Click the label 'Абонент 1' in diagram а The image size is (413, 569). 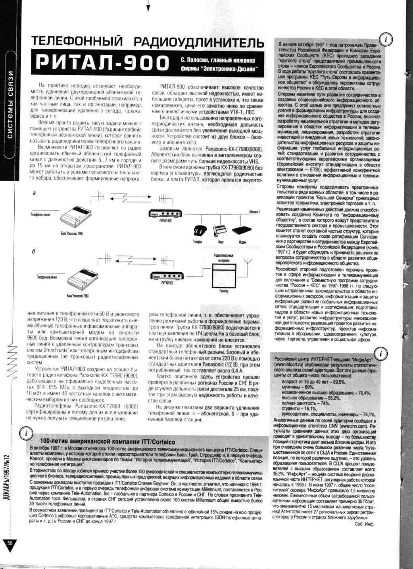[x=254, y=212]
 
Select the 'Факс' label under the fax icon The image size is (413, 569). [x=220, y=242]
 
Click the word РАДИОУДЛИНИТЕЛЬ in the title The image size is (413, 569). [x=198, y=42]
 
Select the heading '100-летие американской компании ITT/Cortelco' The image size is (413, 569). [x=108, y=441]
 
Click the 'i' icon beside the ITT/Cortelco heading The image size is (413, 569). [x=26, y=433]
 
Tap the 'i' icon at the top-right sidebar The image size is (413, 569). [x=386, y=39]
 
